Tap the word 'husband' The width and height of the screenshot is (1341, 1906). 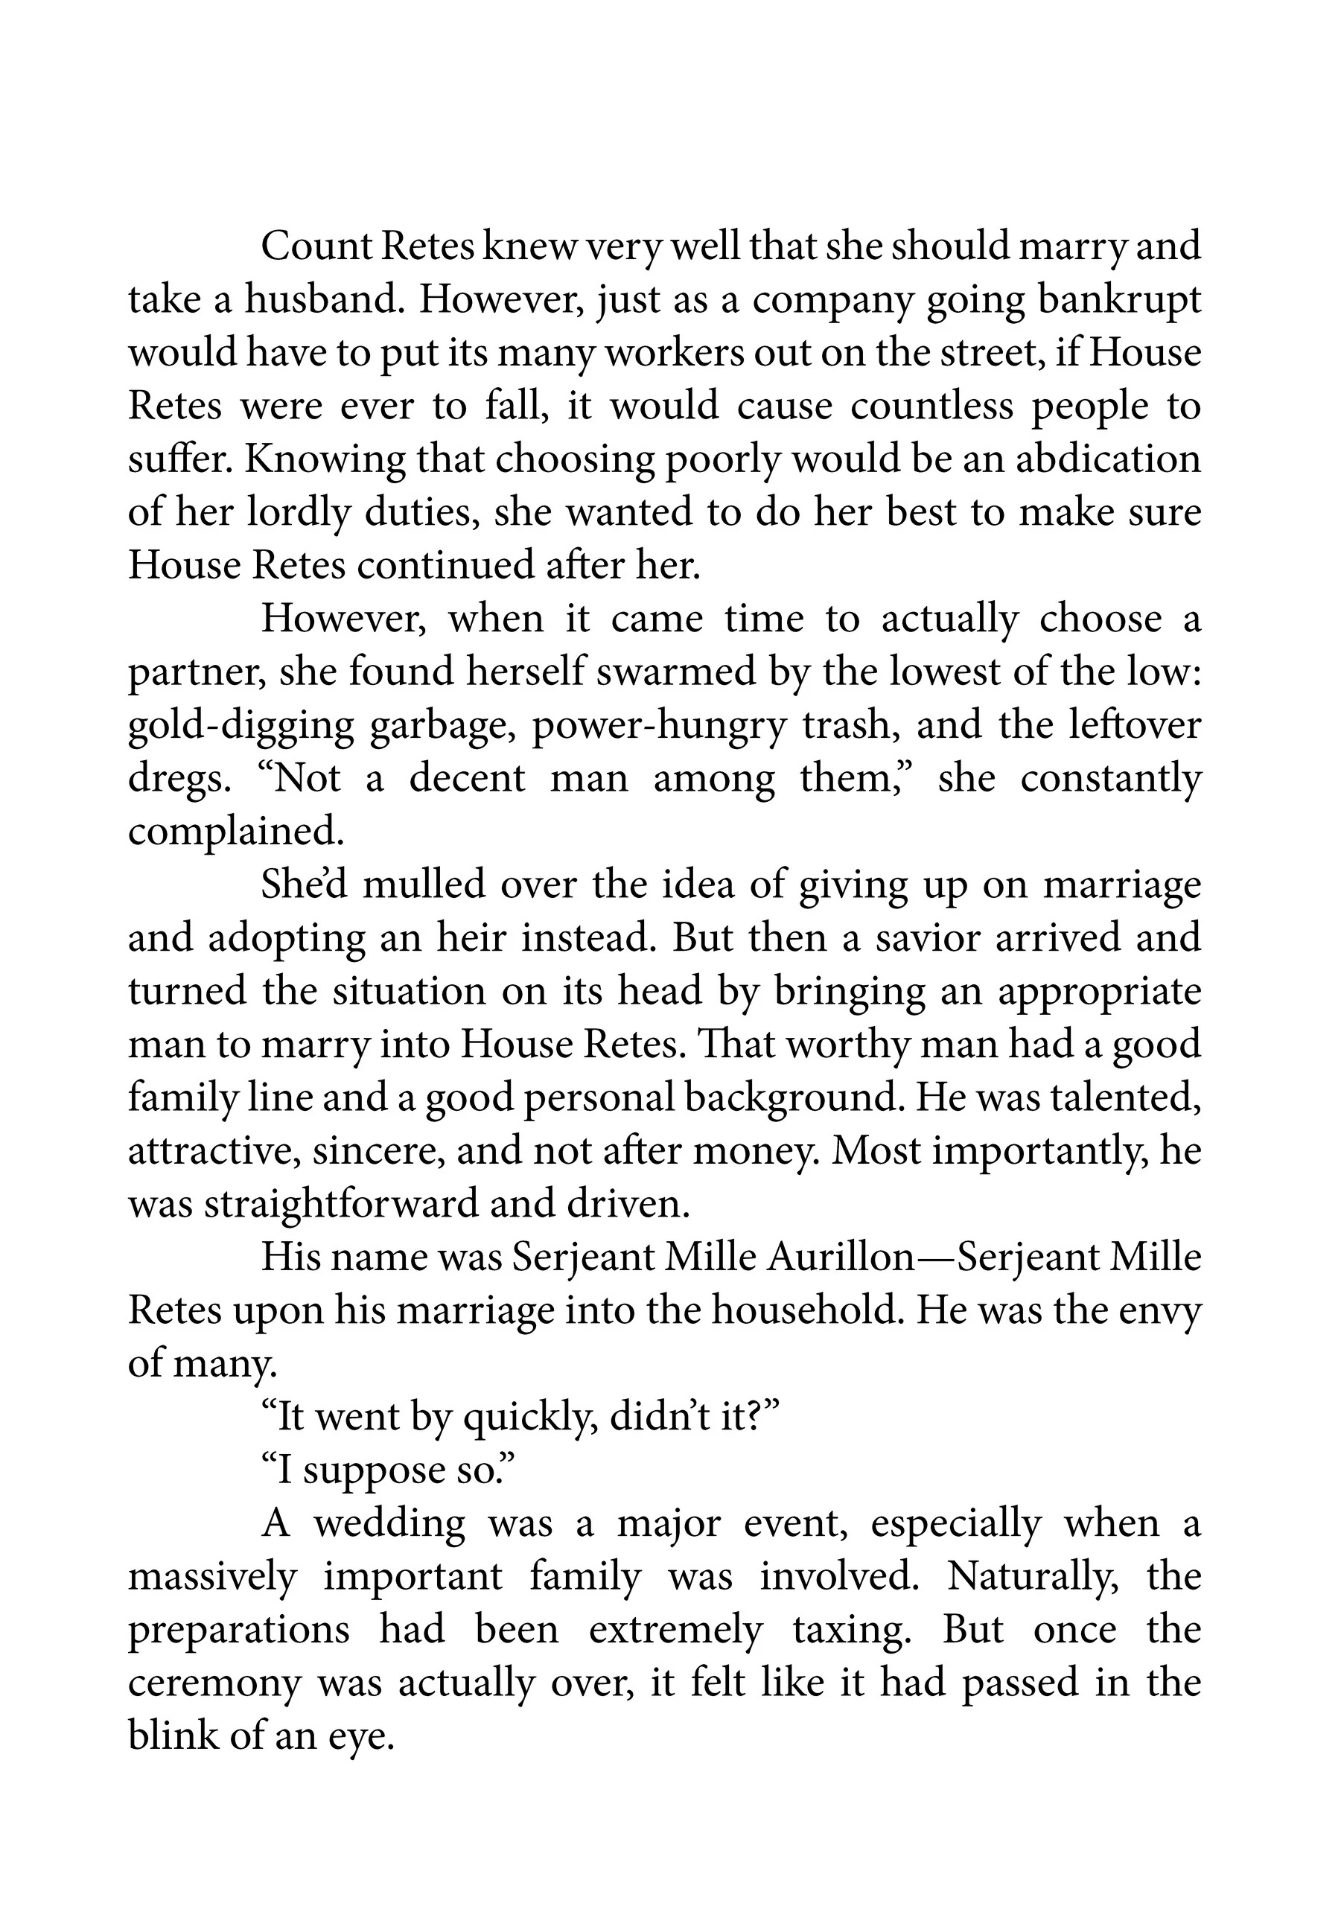[324, 300]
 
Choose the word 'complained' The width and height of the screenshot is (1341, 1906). [235, 831]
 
